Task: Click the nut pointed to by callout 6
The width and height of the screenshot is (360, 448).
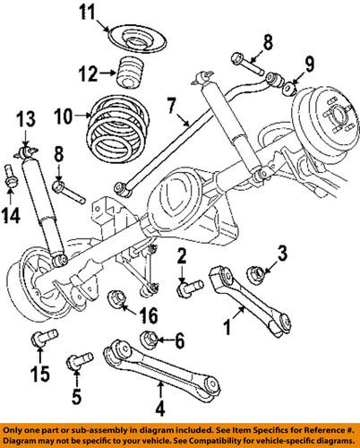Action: click(151, 339)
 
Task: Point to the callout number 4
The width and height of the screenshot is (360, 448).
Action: click(159, 413)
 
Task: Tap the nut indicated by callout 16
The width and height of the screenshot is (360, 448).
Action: click(116, 297)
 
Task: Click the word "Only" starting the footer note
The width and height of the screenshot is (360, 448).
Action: click(16, 429)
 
